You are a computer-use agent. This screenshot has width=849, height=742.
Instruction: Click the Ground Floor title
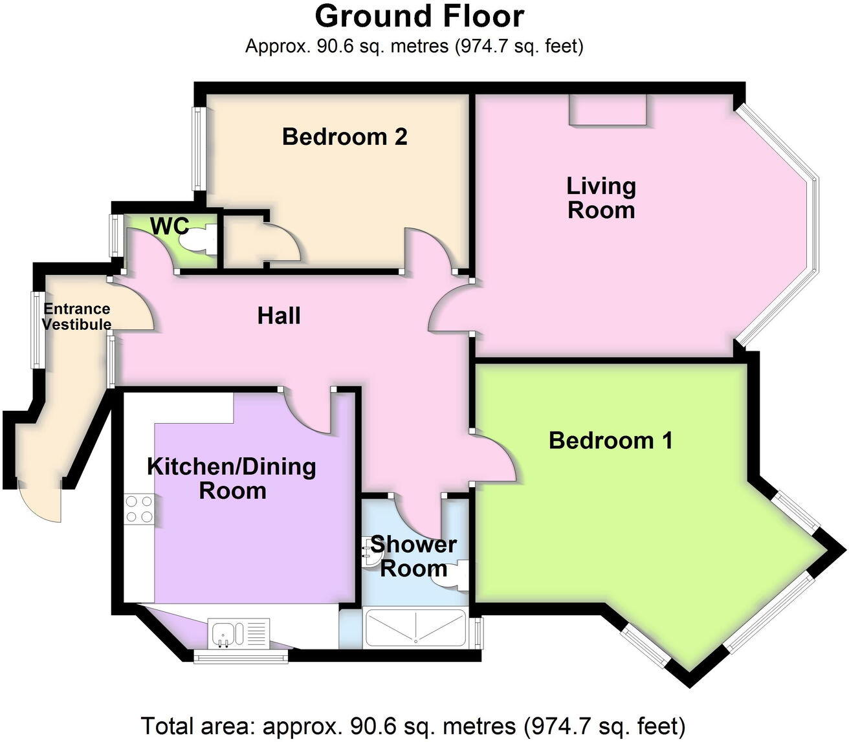click(419, 16)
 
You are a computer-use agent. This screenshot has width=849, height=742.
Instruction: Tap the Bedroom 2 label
click(345, 137)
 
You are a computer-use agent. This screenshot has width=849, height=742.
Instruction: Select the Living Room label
click(601, 198)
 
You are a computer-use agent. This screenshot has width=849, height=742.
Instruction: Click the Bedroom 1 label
click(610, 441)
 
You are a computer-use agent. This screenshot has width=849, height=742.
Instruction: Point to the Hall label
click(279, 316)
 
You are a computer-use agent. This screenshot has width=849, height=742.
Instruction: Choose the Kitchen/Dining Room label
click(232, 478)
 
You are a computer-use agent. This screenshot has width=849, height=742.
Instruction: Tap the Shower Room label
click(413, 556)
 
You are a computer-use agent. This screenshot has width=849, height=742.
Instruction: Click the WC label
click(170, 226)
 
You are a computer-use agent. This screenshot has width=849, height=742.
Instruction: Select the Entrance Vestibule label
click(76, 317)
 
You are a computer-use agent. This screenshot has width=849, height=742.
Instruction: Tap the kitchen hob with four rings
click(139, 508)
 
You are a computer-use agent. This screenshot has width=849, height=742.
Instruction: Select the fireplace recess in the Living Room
click(608, 110)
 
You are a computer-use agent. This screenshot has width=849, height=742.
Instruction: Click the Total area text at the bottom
click(412, 726)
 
